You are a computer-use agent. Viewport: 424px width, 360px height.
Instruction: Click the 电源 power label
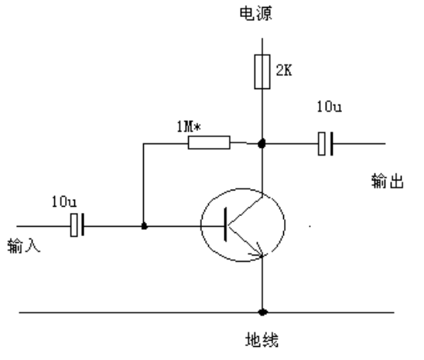pyautogui.click(x=256, y=14)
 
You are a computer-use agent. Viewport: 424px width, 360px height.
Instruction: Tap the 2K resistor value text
pyautogui.click(x=284, y=70)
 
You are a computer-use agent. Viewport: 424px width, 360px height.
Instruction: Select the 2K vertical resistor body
pyautogui.click(x=262, y=72)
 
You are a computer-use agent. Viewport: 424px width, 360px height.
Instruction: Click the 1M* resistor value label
pyautogui.click(x=189, y=127)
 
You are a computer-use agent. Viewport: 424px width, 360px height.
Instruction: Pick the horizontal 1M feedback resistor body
pyautogui.click(x=209, y=142)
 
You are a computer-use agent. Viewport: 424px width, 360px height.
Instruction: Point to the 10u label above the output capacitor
pyautogui.click(x=329, y=107)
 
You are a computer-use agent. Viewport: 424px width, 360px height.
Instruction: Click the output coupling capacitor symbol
pyautogui.click(x=325, y=144)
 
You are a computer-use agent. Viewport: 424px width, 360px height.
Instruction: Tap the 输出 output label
pyautogui.click(x=388, y=181)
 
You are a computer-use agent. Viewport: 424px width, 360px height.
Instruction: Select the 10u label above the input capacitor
pyautogui.click(x=64, y=202)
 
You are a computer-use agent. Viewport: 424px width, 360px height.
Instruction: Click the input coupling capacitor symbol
pyautogui.click(x=77, y=225)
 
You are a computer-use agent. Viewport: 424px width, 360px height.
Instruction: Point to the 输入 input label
pyautogui.click(x=24, y=245)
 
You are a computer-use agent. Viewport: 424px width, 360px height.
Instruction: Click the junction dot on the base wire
pyautogui.click(x=144, y=226)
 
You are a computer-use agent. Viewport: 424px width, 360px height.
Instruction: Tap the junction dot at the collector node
pyautogui.click(x=262, y=143)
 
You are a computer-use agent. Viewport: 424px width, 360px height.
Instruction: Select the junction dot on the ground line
pyautogui.click(x=262, y=312)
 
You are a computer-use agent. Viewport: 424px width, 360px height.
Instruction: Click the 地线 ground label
pyautogui.click(x=262, y=340)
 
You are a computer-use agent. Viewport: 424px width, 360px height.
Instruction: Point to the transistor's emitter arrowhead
pyautogui.click(x=258, y=250)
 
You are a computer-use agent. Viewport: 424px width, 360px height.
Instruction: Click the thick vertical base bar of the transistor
pyautogui.click(x=225, y=225)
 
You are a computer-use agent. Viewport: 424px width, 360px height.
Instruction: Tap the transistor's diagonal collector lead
pyautogui.click(x=245, y=211)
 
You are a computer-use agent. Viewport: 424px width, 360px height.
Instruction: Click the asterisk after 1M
pyautogui.click(x=197, y=127)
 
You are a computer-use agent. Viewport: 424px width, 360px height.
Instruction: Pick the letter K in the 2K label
pyautogui.click(x=288, y=70)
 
